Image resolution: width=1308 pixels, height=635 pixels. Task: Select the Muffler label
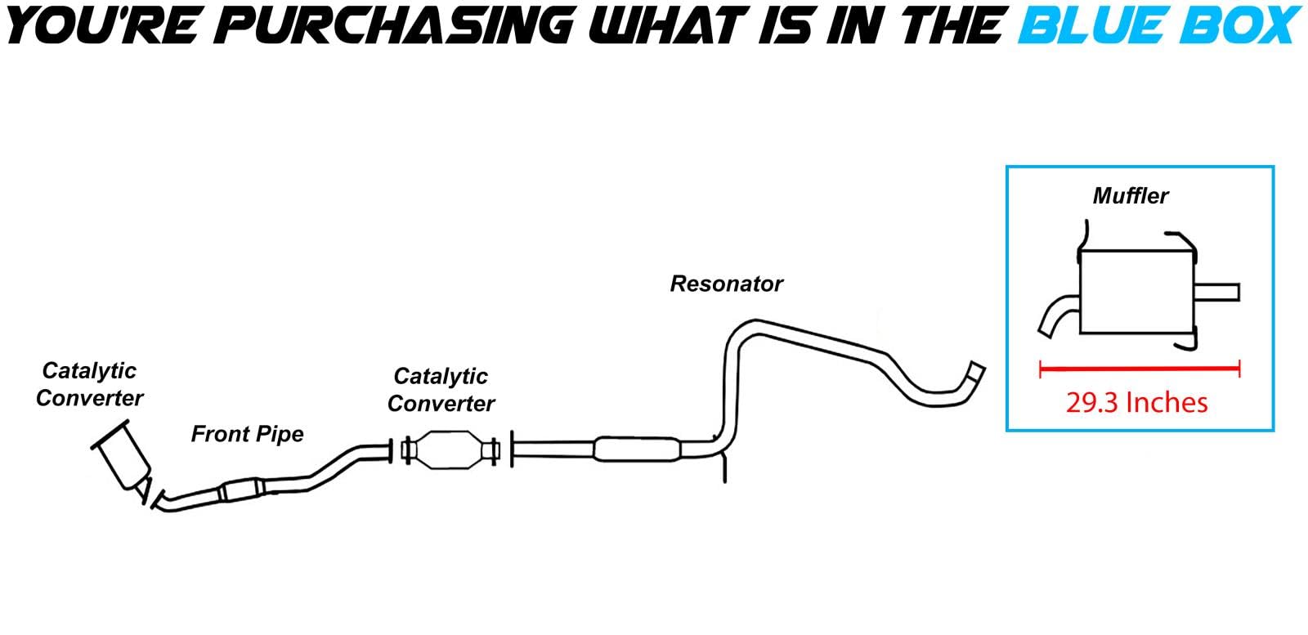[1131, 196]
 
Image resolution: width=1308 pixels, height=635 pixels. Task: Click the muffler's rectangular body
[1137, 292]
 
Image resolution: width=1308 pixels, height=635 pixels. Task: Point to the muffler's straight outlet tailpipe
[1217, 293]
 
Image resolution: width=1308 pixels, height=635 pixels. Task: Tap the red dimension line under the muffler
[1140, 369]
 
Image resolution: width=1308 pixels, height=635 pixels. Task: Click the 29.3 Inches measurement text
[1136, 403]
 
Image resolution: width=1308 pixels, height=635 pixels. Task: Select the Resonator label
[727, 284]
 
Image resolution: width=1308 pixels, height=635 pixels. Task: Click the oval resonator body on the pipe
[637, 449]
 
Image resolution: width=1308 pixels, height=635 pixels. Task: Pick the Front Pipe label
[247, 434]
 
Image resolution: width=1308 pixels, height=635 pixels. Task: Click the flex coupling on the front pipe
[242, 490]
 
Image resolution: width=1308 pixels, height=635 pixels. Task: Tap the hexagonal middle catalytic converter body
[450, 450]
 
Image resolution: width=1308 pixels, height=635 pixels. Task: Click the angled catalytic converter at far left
[122, 458]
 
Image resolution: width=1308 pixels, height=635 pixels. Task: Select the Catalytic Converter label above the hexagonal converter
[441, 390]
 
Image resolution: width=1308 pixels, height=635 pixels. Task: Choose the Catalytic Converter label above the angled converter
[89, 385]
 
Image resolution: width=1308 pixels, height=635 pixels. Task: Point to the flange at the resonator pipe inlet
[512, 449]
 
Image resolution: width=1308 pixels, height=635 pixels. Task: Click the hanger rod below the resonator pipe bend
[724, 467]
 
